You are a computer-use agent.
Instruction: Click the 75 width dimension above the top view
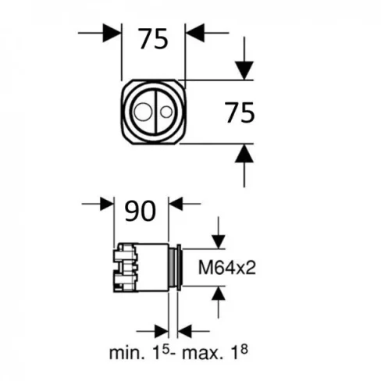(x=153, y=38)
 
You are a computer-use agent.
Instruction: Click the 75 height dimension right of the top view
(x=240, y=113)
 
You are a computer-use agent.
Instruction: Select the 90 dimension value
(x=141, y=210)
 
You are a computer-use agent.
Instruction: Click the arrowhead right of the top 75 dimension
(x=194, y=33)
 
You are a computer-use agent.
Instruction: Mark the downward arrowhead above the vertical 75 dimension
(x=244, y=70)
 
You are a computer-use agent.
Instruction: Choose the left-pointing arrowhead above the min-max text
(x=187, y=329)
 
